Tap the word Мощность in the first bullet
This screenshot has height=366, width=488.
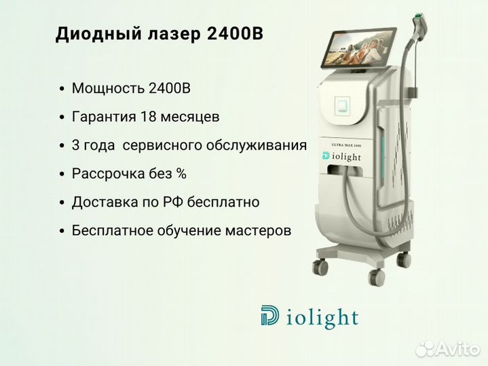(109, 89)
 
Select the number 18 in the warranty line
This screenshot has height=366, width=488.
(148, 117)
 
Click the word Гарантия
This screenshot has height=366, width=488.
(104, 117)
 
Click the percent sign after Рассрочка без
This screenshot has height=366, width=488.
(181, 174)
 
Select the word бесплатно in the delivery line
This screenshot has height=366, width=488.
(223, 202)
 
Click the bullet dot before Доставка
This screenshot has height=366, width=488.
(62, 203)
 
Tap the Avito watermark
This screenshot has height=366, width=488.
(447, 349)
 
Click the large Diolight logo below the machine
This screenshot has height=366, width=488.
(309, 317)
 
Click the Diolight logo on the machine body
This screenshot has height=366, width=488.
(341, 157)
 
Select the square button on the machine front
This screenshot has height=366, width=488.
(342, 104)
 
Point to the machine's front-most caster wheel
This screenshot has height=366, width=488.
(377, 277)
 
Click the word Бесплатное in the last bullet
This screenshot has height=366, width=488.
(113, 231)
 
